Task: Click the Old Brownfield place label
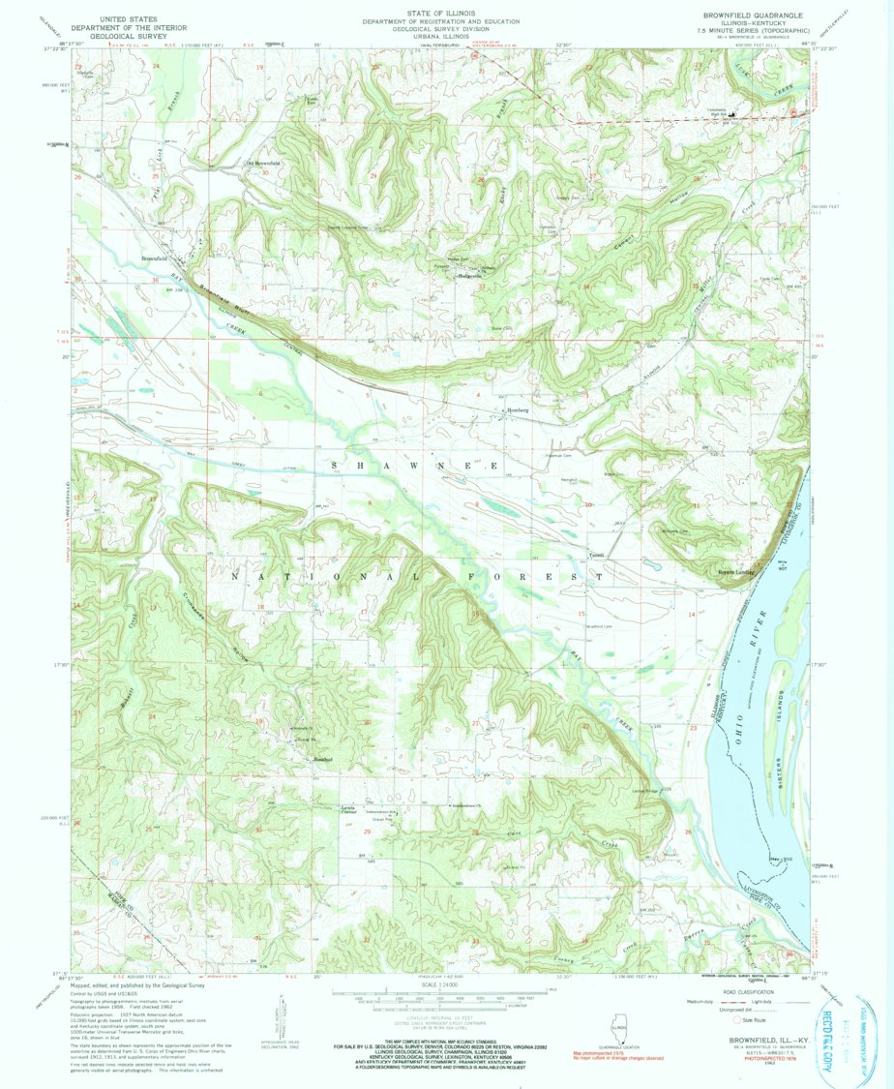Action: [x=262, y=164]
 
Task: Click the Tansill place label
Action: [x=597, y=555]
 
